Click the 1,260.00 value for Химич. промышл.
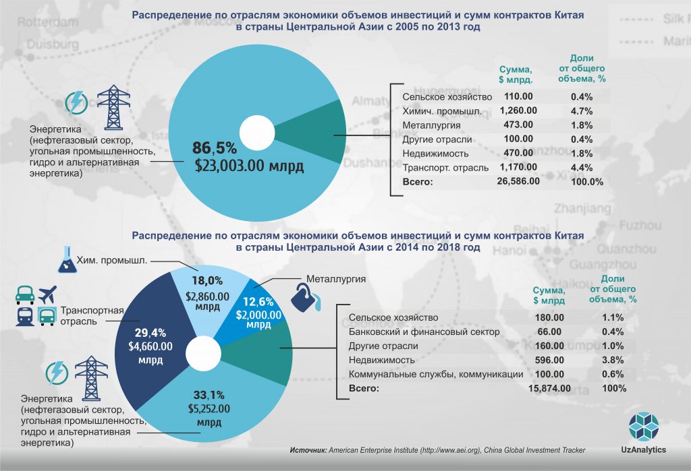click(x=518, y=111)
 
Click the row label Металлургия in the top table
click(x=431, y=125)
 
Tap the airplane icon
click(x=47, y=295)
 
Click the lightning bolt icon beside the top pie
click(x=76, y=103)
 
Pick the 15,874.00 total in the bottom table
click(x=548, y=389)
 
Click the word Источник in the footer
click(x=308, y=450)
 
